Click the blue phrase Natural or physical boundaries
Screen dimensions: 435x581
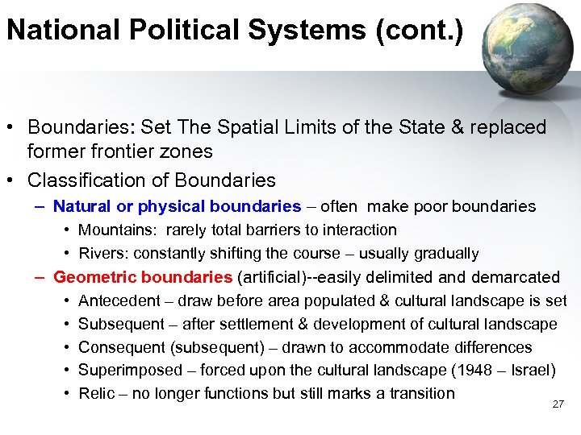coord(178,207)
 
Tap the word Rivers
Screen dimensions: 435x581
coord(102,254)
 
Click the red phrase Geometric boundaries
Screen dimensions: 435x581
coord(143,277)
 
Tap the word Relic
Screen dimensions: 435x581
coord(95,394)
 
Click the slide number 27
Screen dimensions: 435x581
coord(558,404)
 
